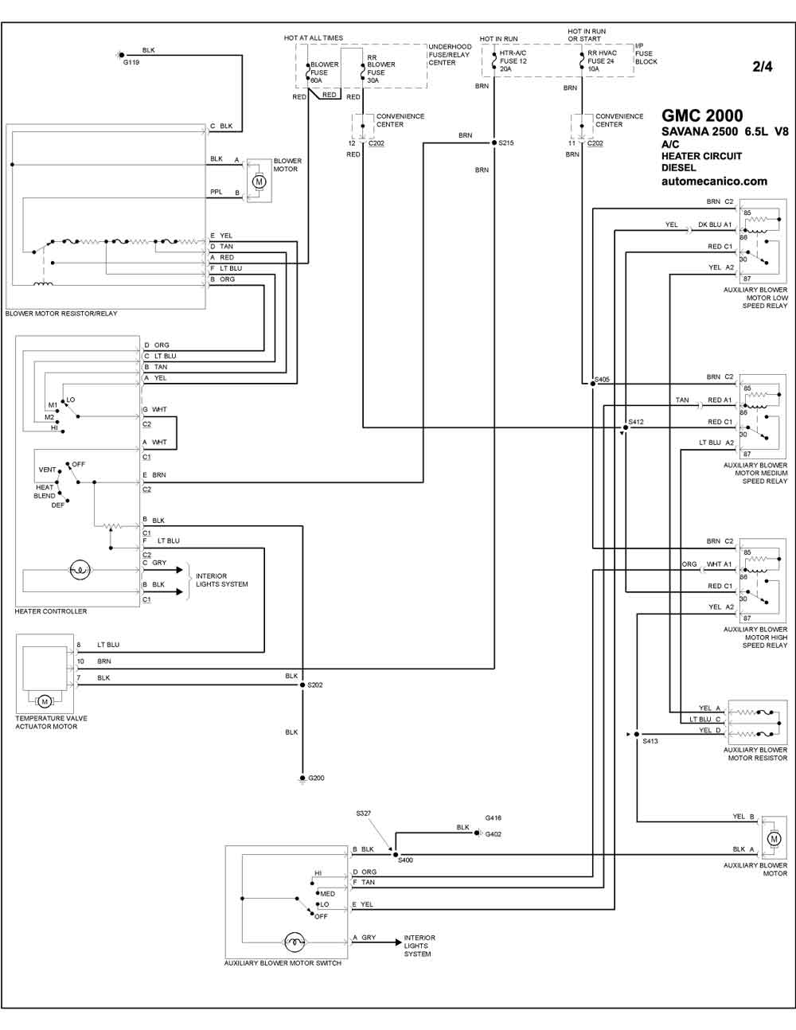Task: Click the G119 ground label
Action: [x=131, y=62]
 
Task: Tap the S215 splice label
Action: [x=506, y=142]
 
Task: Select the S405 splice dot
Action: [x=592, y=384]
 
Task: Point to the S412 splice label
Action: [x=636, y=422]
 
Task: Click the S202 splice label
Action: [x=315, y=685]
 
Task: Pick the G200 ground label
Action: [x=317, y=778]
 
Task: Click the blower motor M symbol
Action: [x=259, y=181]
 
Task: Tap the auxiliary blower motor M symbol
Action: [x=775, y=838]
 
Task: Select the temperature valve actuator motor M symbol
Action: [x=45, y=701]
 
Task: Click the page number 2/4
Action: [x=763, y=67]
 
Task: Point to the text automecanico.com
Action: [x=714, y=181]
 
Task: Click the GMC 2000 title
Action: [x=702, y=115]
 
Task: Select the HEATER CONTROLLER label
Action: [x=51, y=611]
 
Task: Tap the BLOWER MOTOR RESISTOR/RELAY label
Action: [x=61, y=314]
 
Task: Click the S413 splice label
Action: [x=650, y=741]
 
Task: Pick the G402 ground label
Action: [x=494, y=834]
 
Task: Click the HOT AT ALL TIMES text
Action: [x=313, y=38]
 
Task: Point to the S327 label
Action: [x=364, y=813]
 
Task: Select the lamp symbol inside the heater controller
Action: [x=80, y=570]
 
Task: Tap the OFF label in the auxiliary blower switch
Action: [x=321, y=917]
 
